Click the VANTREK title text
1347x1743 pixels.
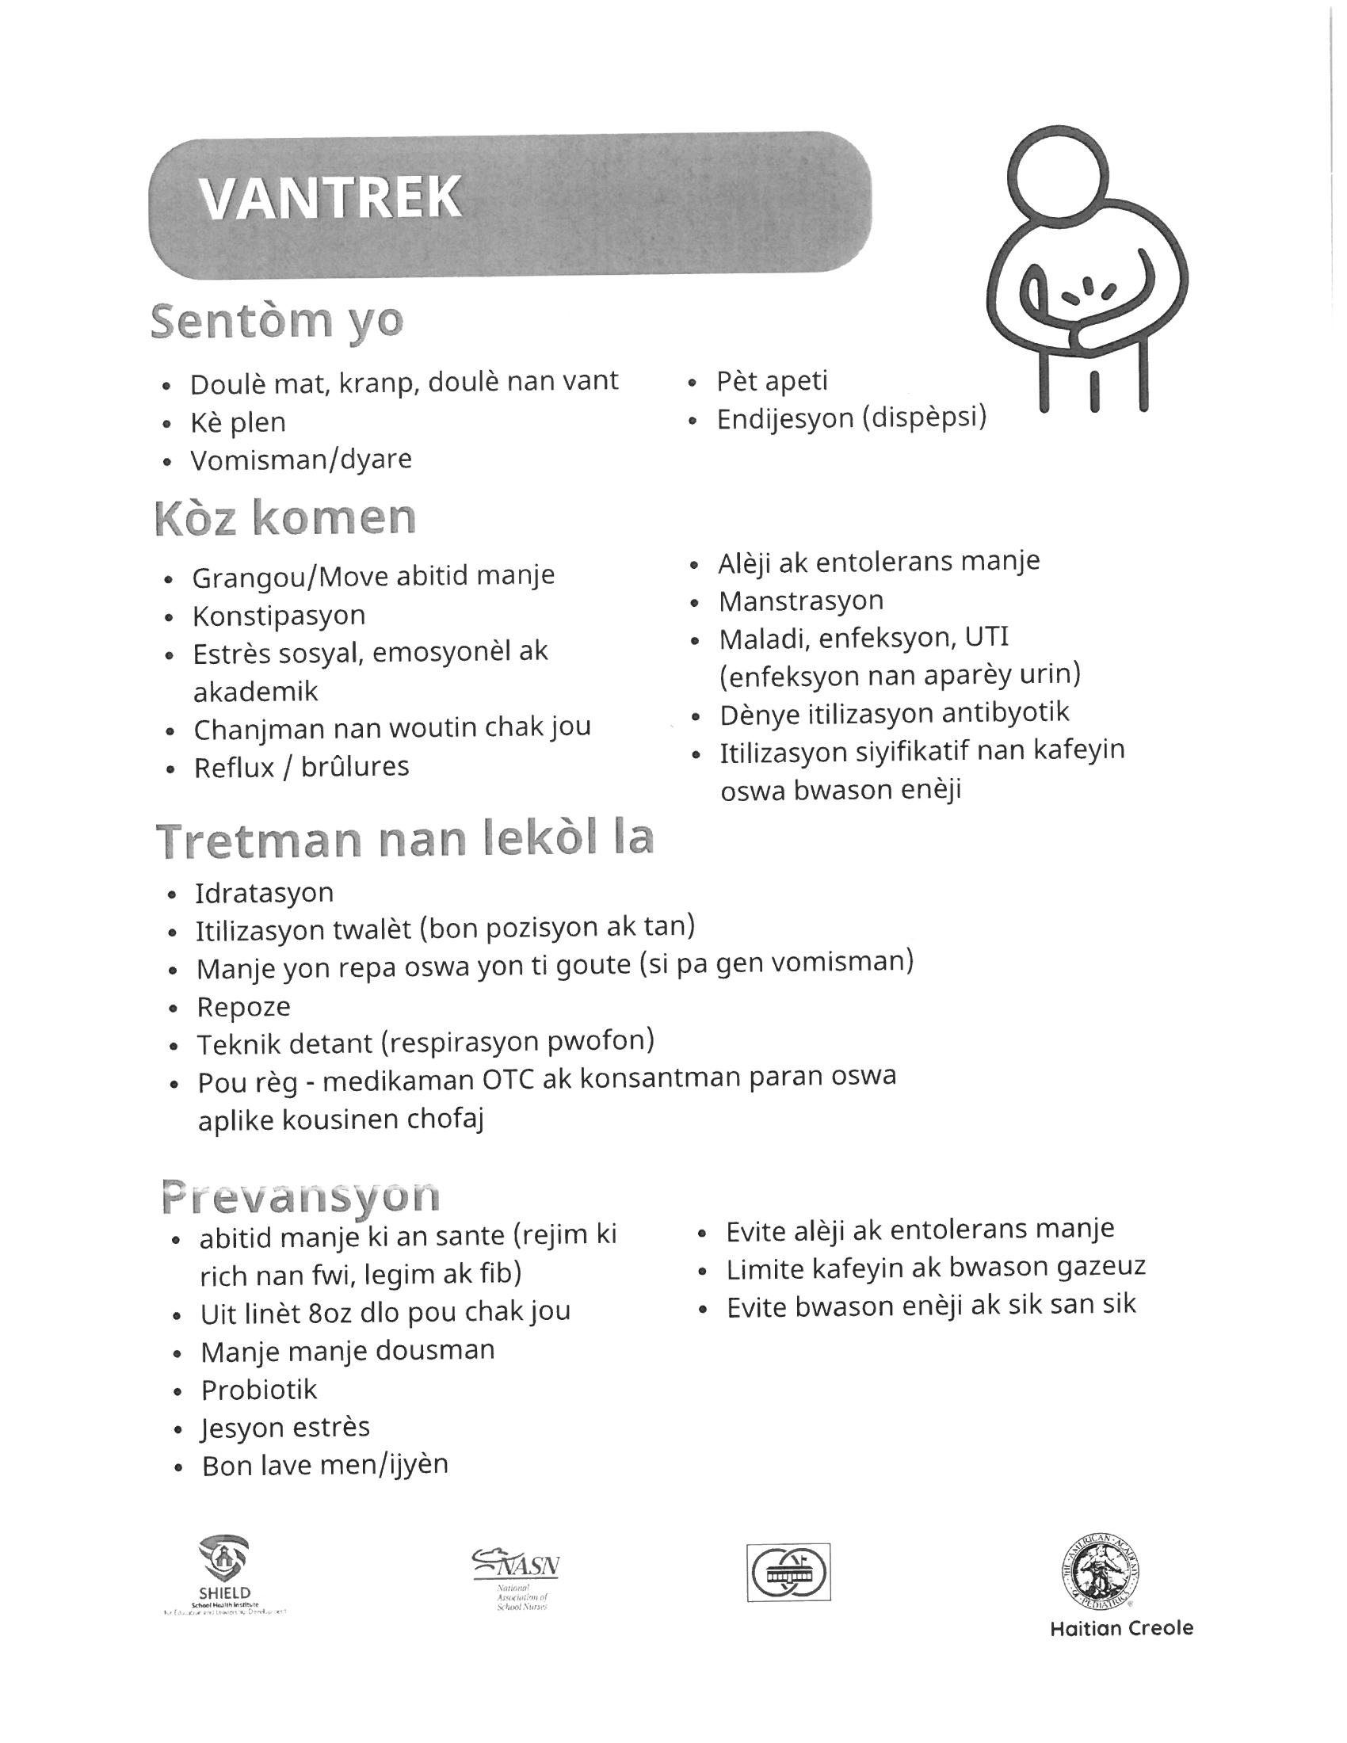[330, 197]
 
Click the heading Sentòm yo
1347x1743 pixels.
[277, 322]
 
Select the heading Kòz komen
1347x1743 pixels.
[285, 519]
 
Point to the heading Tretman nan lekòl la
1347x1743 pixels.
[406, 841]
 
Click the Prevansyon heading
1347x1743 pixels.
[300, 1196]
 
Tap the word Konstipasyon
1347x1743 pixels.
[278, 616]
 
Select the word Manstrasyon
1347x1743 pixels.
[800, 601]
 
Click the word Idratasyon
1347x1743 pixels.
[264, 893]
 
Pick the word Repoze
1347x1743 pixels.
[243, 1007]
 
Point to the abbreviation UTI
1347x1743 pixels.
[986, 638]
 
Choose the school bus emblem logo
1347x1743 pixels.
[788, 1571]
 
